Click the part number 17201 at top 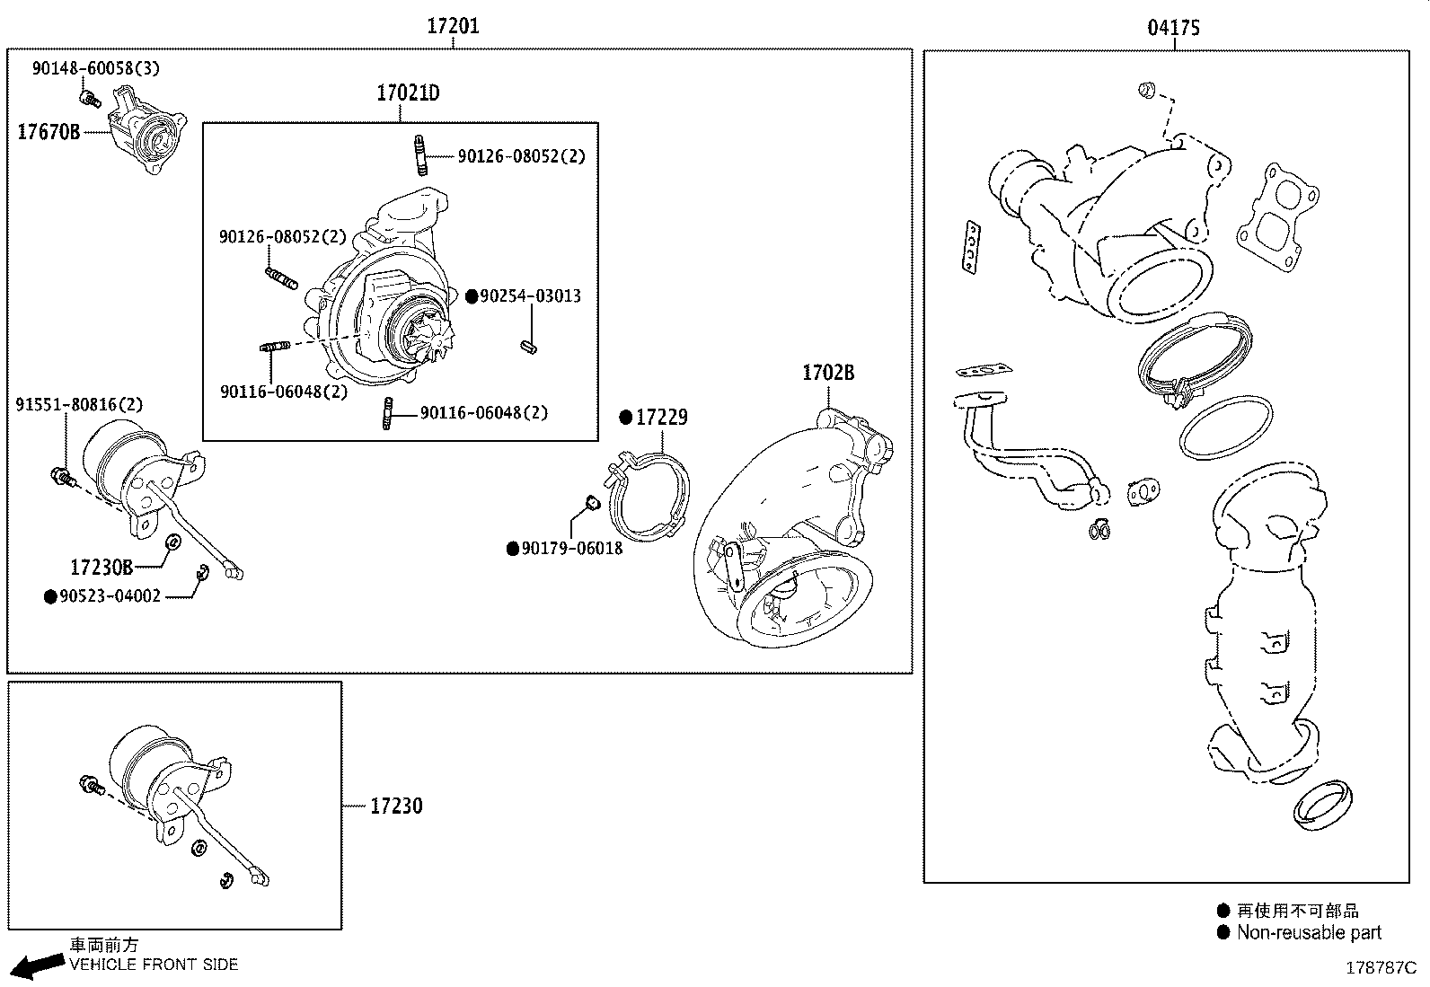click(453, 26)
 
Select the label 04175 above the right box click(1173, 28)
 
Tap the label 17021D click(408, 93)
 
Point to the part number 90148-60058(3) click(96, 68)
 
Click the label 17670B click(49, 133)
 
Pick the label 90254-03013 click(530, 296)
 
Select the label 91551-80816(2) click(79, 405)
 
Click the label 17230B click(102, 568)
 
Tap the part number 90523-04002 click(110, 596)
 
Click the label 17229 click(661, 418)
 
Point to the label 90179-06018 click(571, 549)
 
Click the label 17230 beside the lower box click(396, 806)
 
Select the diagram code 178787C click(1380, 968)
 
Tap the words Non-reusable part click(1309, 933)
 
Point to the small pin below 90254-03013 click(527, 346)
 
